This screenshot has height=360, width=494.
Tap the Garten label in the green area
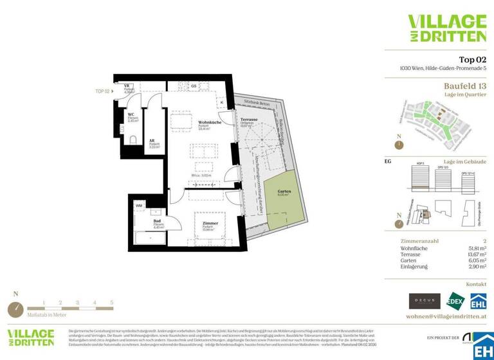click(284, 192)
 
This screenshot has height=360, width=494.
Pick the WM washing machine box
click(139, 206)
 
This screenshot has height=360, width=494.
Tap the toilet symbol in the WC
click(133, 139)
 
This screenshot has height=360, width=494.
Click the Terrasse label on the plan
click(249, 120)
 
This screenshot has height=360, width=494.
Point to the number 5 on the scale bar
click(111, 301)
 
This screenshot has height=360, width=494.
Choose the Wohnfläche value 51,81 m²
click(473, 247)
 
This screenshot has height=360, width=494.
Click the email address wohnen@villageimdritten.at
click(446, 316)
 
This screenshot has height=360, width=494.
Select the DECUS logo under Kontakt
click(425, 300)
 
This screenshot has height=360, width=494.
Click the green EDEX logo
click(455, 300)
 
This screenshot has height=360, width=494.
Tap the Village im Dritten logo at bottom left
click(31, 339)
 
